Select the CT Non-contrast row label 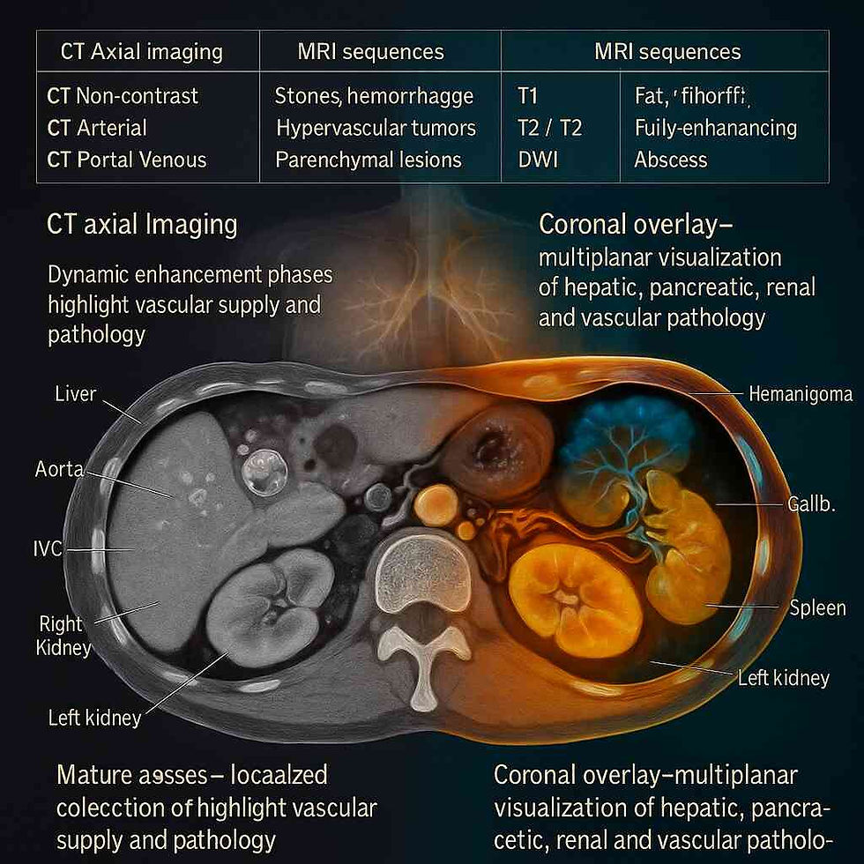[123, 95]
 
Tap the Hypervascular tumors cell [376, 128]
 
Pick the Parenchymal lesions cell [369, 160]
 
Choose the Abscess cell [670, 160]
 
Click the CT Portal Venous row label [127, 160]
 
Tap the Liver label [75, 393]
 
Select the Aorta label [59, 470]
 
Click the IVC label [42, 549]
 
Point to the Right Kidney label [61, 636]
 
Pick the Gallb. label [808, 504]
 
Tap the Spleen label [817, 607]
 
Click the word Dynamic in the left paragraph [89, 274]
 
